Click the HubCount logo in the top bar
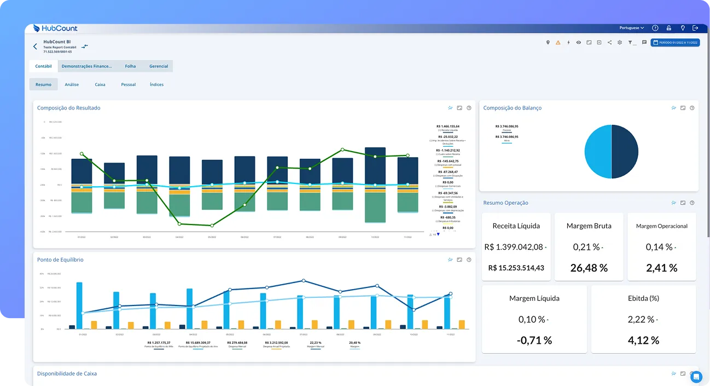pos(55,28)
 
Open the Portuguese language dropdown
pos(631,28)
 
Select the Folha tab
pos(130,66)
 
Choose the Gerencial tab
pos(159,66)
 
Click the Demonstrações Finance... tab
pos(86,66)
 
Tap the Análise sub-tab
pos(72,84)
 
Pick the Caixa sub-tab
pos(100,84)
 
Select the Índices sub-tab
pos(156,84)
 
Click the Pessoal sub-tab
pos(128,84)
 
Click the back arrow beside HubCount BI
pos(36,47)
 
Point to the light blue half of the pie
pos(598,152)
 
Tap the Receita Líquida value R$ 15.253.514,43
pos(516,268)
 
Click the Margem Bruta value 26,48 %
pos(589,268)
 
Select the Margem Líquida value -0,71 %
pos(534,340)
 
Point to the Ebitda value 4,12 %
pos(643,340)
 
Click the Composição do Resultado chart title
pos(68,108)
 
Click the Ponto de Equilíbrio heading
pos(60,260)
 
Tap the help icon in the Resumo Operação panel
pos(692,203)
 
